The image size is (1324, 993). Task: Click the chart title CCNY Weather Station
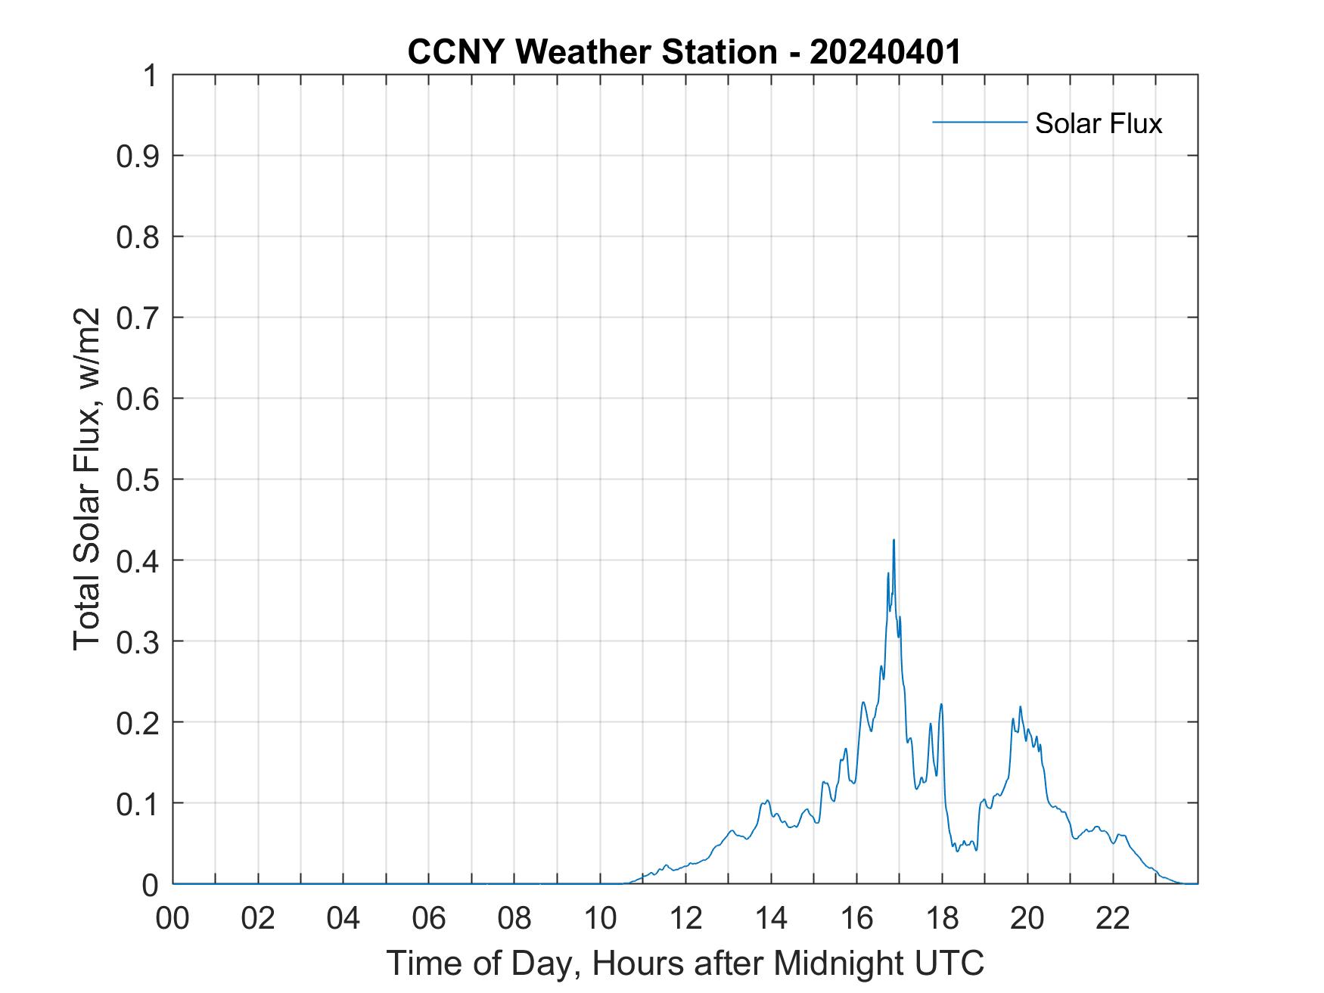pyautogui.click(x=592, y=52)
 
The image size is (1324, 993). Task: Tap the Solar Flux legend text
pyautogui.click(x=1098, y=123)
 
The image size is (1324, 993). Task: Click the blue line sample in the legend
pyautogui.click(x=979, y=122)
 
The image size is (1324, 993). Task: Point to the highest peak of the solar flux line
pyautogui.click(x=894, y=540)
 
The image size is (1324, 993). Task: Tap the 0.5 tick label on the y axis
pyautogui.click(x=137, y=479)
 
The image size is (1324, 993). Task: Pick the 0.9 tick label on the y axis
pyautogui.click(x=137, y=156)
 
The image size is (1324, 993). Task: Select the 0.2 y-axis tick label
pyautogui.click(x=137, y=722)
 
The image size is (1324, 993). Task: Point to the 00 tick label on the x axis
pyautogui.click(x=172, y=918)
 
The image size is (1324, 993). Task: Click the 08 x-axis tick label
pyautogui.click(x=514, y=918)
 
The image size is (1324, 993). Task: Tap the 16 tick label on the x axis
pyautogui.click(x=856, y=918)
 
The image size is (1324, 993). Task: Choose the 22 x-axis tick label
pyautogui.click(x=1113, y=918)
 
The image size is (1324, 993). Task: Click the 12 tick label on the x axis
pyautogui.click(x=685, y=918)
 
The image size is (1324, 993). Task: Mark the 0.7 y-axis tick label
pyautogui.click(x=137, y=318)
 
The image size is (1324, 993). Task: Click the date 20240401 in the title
pyautogui.click(x=884, y=52)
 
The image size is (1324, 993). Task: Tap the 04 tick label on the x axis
pyautogui.click(x=343, y=918)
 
